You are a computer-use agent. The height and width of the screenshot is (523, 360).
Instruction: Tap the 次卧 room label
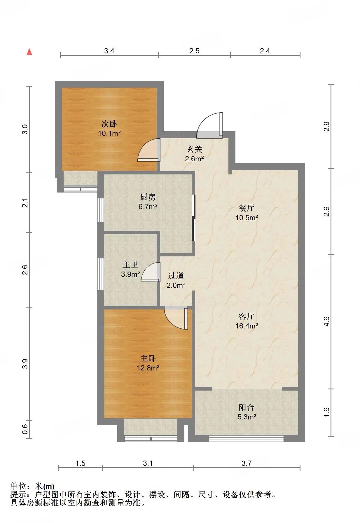pos(109,124)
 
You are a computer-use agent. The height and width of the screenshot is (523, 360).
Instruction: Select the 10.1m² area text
pos(109,134)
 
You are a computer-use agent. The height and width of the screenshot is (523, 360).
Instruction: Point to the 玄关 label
pos(194,149)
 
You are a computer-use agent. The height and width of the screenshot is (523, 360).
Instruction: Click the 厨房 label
pos(148,197)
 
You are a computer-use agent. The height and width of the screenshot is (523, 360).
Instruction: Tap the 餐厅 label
pos(247,208)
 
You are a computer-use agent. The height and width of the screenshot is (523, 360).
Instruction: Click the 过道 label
pos(176,276)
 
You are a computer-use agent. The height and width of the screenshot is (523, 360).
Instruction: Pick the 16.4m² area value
pos(247,326)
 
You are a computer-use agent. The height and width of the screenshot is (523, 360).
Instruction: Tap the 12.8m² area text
pos(148,368)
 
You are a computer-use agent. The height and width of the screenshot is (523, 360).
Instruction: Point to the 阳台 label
pos(247,407)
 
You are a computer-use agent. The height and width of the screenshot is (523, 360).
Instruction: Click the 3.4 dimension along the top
pos(109,51)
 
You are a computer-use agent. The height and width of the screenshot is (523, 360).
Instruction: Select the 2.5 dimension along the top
pos(194,51)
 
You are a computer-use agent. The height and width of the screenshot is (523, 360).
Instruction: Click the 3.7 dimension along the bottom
pos(247,463)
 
